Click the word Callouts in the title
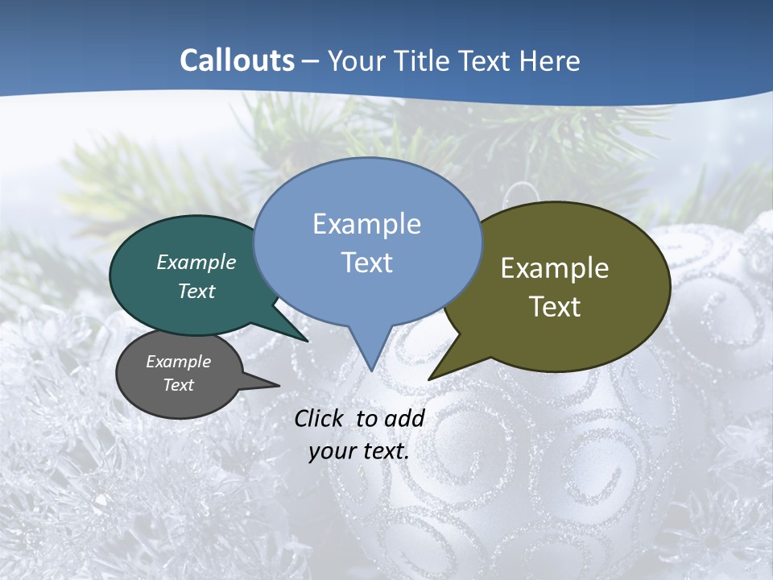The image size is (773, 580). pyautogui.click(x=237, y=60)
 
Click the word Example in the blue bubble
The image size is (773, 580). pyautogui.click(x=366, y=224)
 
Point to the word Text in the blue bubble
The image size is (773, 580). pyautogui.click(x=366, y=262)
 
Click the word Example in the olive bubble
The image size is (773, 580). pyautogui.click(x=555, y=268)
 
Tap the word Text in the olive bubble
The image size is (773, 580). pyautogui.click(x=555, y=306)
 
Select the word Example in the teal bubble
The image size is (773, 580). pyautogui.click(x=196, y=262)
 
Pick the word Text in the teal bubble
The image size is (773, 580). pyautogui.click(x=196, y=291)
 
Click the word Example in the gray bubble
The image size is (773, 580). pyautogui.click(x=179, y=362)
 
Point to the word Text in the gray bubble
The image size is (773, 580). pyautogui.click(x=179, y=385)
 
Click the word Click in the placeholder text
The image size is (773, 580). pyautogui.click(x=320, y=418)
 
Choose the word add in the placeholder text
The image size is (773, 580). pyautogui.click(x=404, y=418)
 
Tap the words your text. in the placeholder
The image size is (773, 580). pyautogui.click(x=359, y=451)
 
